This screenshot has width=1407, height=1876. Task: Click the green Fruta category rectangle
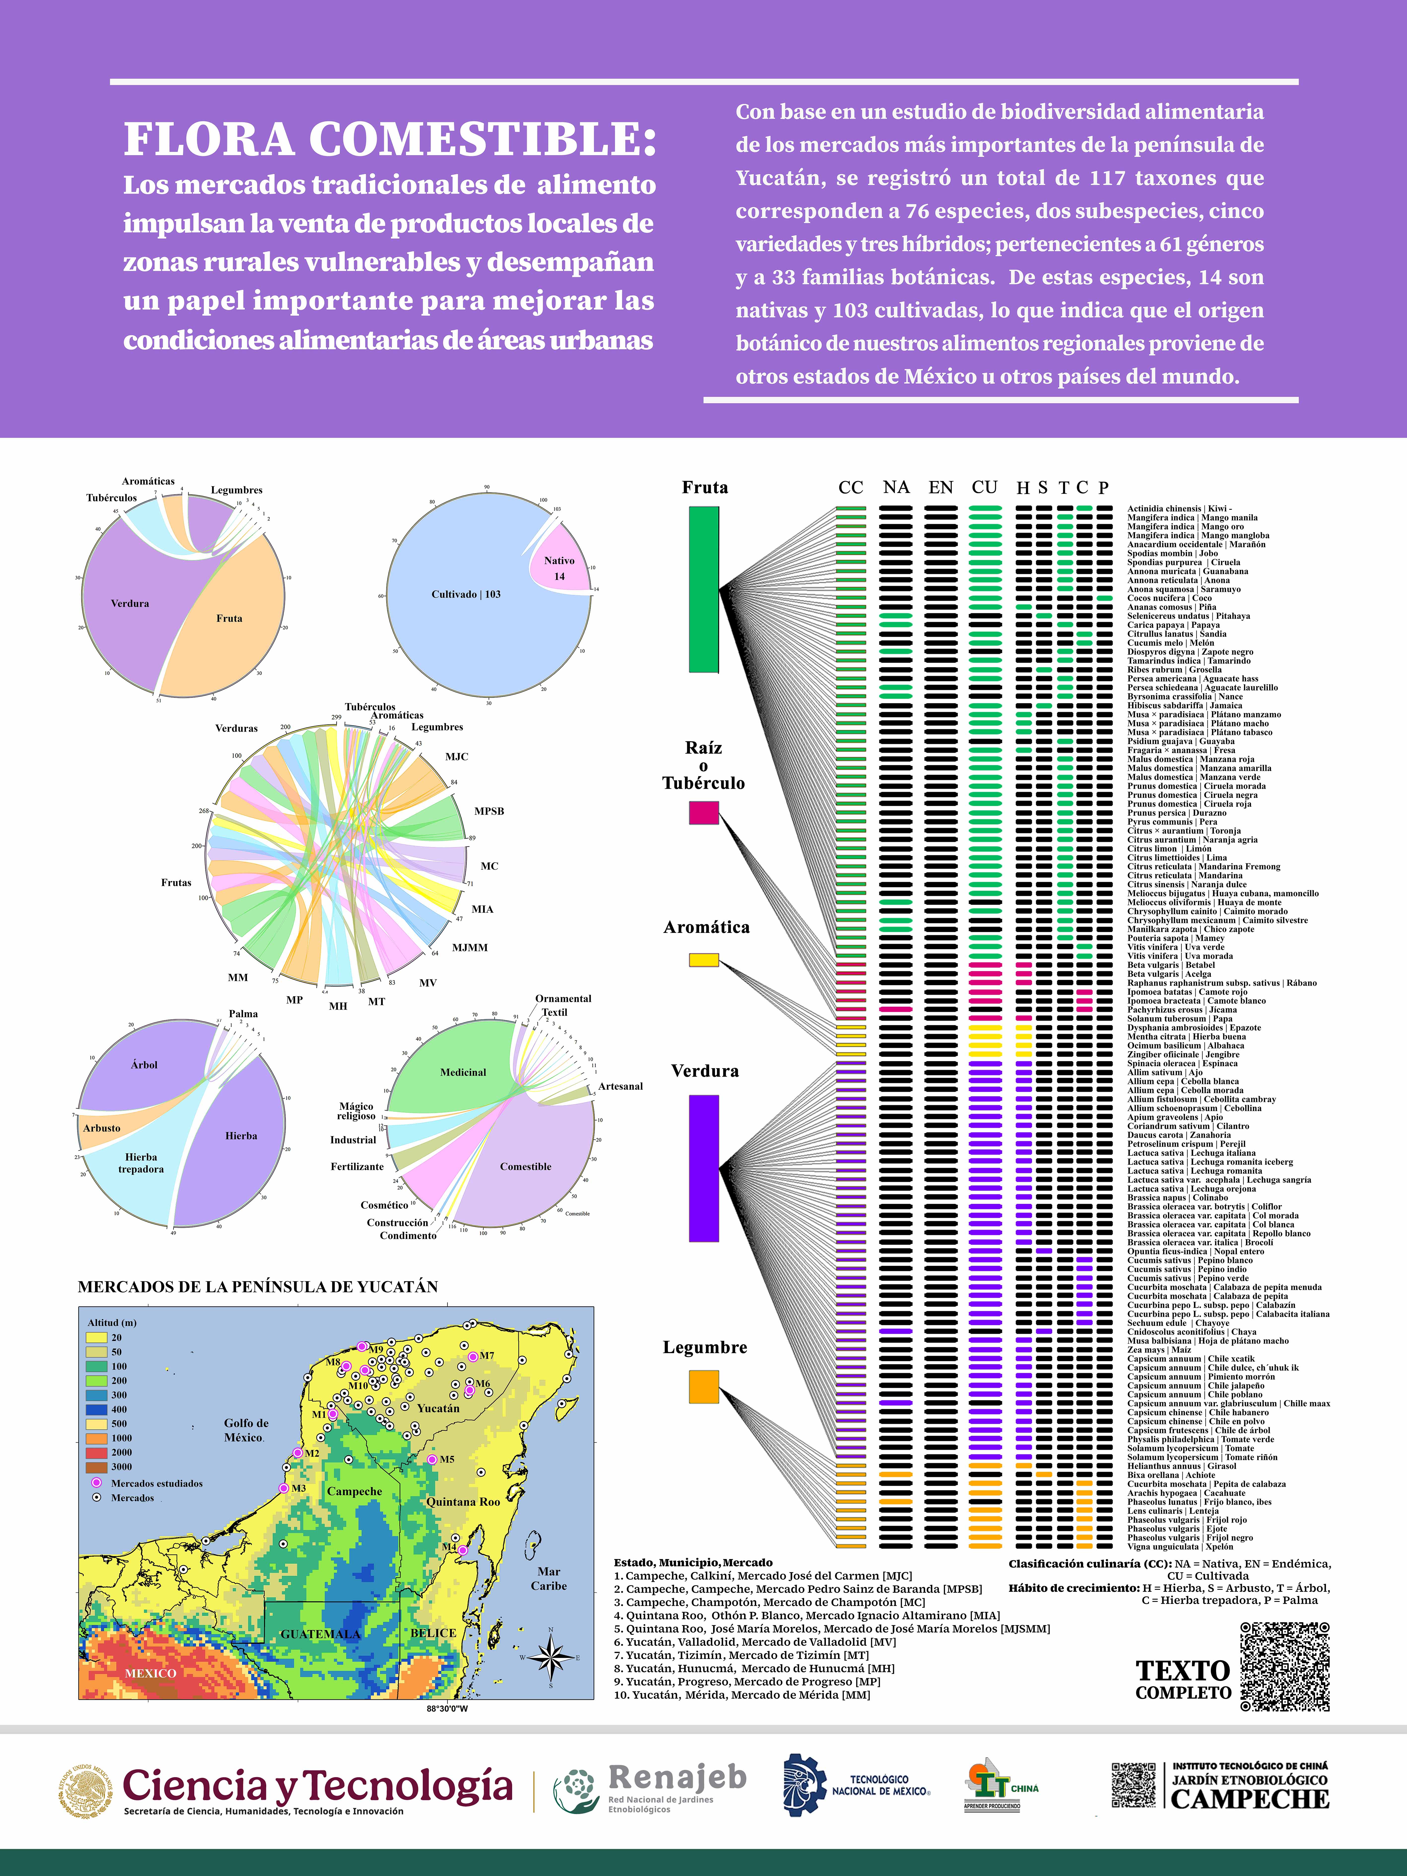point(703,589)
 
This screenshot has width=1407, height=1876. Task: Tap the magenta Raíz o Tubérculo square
point(703,813)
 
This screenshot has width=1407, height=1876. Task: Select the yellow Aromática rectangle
point(703,960)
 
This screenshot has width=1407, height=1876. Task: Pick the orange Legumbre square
point(703,1387)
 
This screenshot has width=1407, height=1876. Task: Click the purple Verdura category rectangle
point(703,1168)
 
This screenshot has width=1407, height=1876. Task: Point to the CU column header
point(984,488)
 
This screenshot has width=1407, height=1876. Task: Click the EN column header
point(941,488)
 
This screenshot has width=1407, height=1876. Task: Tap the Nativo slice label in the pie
point(559,561)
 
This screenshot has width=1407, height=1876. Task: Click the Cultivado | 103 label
point(466,595)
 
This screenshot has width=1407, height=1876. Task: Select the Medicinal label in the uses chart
point(463,1072)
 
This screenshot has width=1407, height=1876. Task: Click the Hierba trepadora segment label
point(141,1163)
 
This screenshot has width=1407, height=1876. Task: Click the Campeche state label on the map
point(354,1491)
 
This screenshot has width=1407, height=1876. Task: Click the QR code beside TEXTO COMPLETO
point(1284,1667)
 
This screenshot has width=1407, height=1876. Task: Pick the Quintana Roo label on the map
point(463,1501)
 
